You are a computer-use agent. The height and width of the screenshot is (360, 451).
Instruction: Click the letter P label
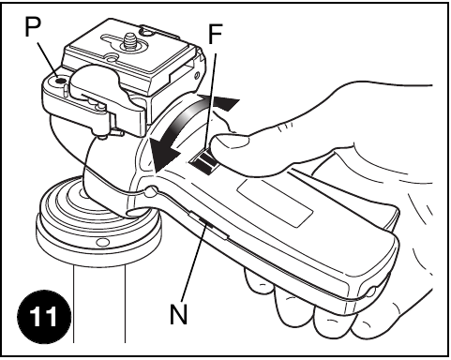(x=33, y=26)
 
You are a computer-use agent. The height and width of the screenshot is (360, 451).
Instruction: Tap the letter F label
(x=215, y=34)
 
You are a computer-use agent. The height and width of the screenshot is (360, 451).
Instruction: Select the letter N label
(x=179, y=314)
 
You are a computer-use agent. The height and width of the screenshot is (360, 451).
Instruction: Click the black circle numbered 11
(x=44, y=317)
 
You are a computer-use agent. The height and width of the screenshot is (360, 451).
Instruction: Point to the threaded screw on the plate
(x=128, y=40)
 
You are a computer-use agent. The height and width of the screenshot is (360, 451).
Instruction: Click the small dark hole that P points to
(x=59, y=82)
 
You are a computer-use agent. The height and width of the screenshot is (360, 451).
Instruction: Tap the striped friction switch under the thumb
(x=204, y=162)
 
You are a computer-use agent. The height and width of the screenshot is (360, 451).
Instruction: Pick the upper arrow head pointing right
(x=224, y=102)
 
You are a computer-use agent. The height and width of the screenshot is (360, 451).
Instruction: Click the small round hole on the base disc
(x=103, y=242)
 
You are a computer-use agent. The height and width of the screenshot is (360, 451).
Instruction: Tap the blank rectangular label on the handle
(x=275, y=203)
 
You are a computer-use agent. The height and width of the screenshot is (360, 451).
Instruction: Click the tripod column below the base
(x=99, y=304)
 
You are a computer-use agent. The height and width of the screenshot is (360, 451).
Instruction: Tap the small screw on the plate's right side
(x=197, y=75)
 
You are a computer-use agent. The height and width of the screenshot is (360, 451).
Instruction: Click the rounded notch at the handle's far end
(x=371, y=292)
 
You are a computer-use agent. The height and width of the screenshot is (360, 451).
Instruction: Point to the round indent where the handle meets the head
(x=151, y=190)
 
